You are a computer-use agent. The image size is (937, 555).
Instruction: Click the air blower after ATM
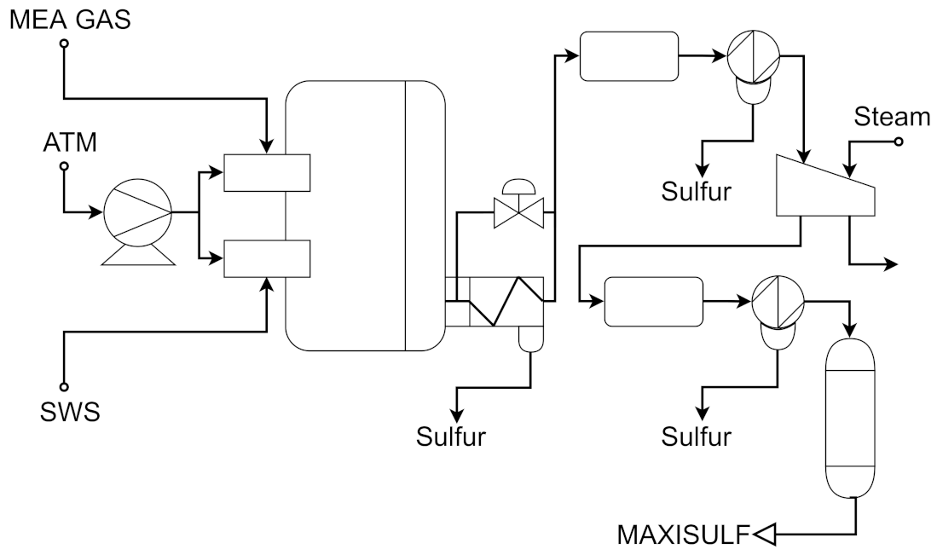(x=137, y=214)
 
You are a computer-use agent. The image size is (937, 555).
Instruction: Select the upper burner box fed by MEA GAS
(x=266, y=172)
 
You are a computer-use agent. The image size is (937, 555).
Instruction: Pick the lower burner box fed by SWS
(x=266, y=259)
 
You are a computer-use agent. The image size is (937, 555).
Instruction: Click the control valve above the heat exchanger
(x=519, y=205)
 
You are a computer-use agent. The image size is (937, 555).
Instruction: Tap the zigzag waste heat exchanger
(x=495, y=301)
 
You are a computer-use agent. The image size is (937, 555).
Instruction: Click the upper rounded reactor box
(x=628, y=55)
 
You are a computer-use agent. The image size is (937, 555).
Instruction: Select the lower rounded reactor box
(x=652, y=301)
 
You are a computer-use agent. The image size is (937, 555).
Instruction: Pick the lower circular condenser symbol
(x=778, y=303)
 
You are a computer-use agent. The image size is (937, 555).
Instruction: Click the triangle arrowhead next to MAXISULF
(x=764, y=535)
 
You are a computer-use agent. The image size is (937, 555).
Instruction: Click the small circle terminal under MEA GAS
(x=63, y=43)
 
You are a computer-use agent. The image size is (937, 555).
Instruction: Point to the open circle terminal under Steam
(x=898, y=142)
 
